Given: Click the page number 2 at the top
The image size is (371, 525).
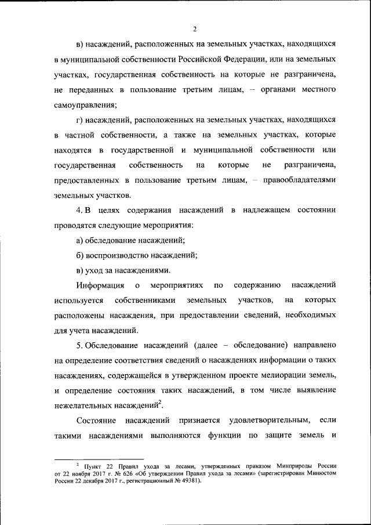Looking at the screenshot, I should coord(195,29).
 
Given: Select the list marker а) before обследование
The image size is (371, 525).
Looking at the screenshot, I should coord(81,240).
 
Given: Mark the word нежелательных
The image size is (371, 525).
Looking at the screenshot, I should coord(83,406).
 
